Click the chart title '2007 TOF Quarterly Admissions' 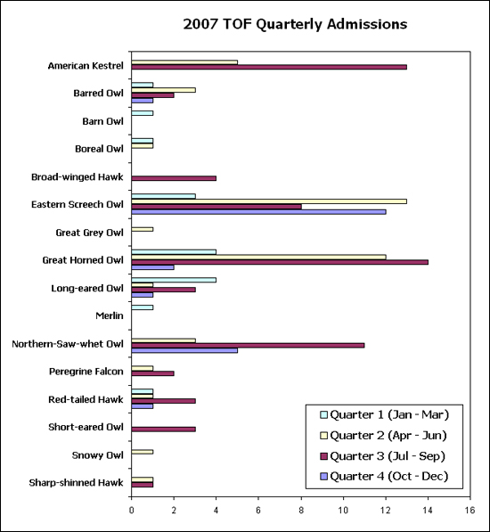[295, 24]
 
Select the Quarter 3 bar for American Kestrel [269, 67]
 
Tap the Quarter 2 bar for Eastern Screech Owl [269, 201]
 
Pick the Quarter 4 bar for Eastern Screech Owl [258, 212]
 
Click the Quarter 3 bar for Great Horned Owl [280, 262]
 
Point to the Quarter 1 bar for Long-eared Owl [174, 280]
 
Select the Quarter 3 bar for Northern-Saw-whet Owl [248, 346]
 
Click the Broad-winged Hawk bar [174, 178]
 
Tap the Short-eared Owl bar [163, 430]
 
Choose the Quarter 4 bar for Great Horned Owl [152, 267]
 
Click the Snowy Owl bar [143, 452]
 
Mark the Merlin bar [143, 307]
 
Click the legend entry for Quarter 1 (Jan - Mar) [385, 414]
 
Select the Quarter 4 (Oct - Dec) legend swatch [323, 477]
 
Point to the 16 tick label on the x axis [470, 511]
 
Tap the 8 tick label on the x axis [301, 511]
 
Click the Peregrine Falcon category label [86, 372]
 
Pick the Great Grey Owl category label [89, 233]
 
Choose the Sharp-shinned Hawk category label [76, 483]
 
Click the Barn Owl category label [102, 121]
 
